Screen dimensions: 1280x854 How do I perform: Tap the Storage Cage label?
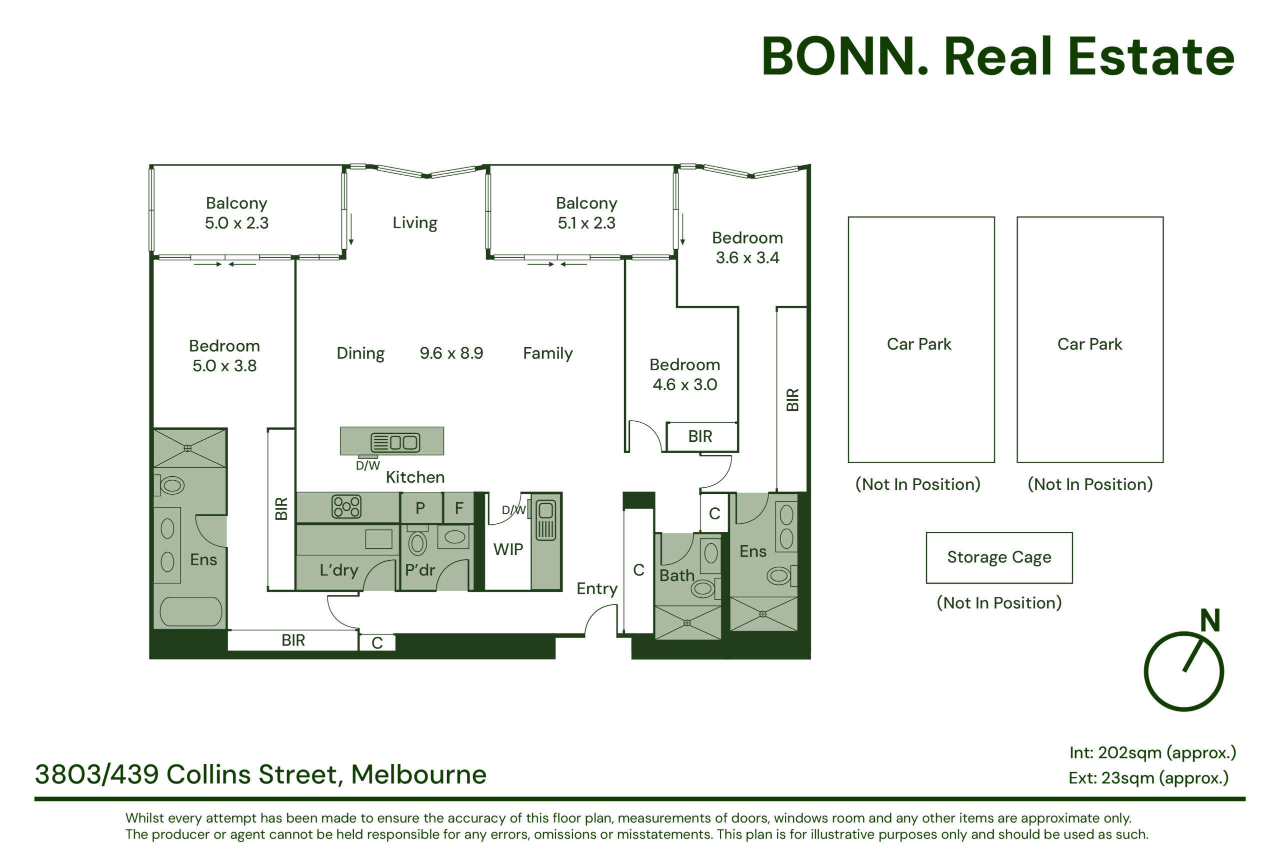click(x=999, y=557)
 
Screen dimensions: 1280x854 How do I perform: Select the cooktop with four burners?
click(x=346, y=506)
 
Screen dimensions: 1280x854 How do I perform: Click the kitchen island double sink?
click(x=395, y=442)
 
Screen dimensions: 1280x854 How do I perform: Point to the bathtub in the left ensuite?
click(x=190, y=612)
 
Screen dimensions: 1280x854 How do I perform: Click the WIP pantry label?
click(x=508, y=549)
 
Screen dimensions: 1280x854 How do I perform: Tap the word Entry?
click(x=597, y=589)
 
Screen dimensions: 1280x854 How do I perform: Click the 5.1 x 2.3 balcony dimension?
click(x=586, y=223)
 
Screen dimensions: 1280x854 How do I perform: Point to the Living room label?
click(x=414, y=223)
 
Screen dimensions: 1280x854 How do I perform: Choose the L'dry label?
click(x=338, y=570)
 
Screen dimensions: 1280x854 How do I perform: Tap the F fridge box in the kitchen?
click(x=459, y=508)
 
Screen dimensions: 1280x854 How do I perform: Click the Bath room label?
click(x=676, y=576)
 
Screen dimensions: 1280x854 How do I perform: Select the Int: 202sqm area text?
click(x=1152, y=753)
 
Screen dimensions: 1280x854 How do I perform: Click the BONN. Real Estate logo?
click(x=997, y=56)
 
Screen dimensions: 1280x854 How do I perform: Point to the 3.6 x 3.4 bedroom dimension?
click(x=747, y=258)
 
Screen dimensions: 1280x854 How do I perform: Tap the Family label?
click(x=547, y=354)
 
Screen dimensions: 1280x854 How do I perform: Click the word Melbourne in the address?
click(x=418, y=774)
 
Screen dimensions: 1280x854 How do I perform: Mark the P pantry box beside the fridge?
click(x=420, y=508)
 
